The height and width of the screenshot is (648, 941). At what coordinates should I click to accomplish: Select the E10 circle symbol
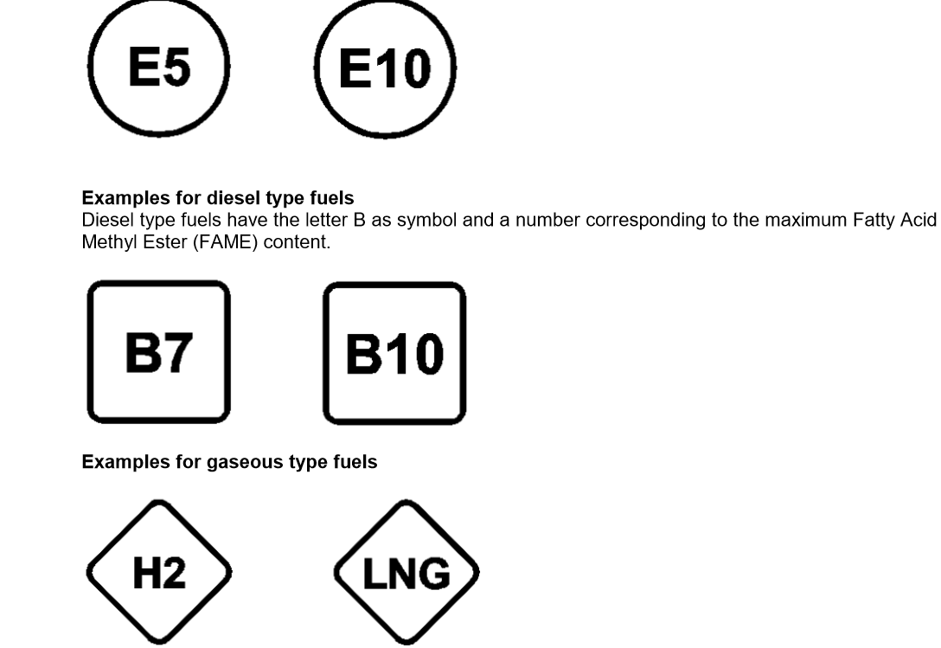385,67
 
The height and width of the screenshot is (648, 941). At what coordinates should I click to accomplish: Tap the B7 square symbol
159,352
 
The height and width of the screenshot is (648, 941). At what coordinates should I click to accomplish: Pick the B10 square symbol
395,353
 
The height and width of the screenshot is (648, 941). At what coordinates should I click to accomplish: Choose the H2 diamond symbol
159,573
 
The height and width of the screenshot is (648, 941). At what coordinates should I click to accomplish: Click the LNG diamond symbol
406,573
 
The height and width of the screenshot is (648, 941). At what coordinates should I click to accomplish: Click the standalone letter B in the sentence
360,220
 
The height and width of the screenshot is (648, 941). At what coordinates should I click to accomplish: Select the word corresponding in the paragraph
646,221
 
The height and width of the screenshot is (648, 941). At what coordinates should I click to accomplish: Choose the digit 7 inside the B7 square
177,352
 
